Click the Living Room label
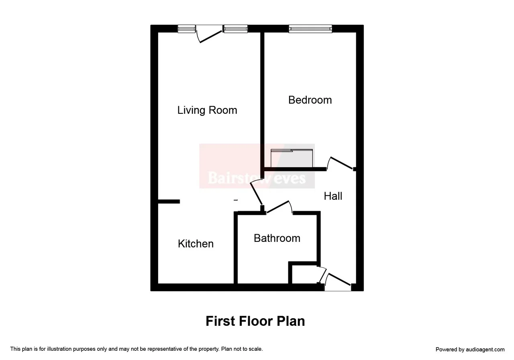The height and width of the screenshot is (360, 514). coord(207,110)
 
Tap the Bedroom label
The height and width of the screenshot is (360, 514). coord(310,100)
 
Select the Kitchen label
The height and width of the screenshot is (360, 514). coord(196,243)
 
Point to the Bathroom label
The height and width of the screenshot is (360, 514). coord(277,238)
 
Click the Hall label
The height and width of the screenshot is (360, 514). coord(333,196)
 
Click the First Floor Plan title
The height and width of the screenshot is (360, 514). coord(255,321)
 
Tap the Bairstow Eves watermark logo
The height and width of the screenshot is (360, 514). coord(257,166)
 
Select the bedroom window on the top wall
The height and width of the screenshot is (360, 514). coord(310,29)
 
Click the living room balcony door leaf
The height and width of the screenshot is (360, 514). coord(211,37)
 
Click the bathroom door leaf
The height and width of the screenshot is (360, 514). coord(277,207)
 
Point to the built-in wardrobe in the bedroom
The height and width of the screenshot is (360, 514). coord(292,158)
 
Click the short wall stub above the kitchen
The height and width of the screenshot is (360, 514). coord(169,202)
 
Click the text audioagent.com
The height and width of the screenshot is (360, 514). coord(485,350)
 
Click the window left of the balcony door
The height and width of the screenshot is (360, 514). coord(187,29)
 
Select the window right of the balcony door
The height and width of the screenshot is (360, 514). coord(235,29)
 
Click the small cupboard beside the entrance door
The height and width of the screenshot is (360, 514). coord(305,274)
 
